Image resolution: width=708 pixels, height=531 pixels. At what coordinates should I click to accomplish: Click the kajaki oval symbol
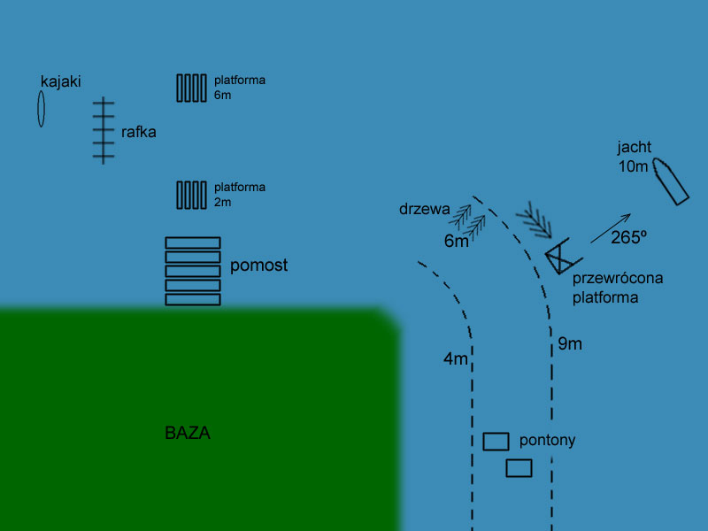tap(41, 109)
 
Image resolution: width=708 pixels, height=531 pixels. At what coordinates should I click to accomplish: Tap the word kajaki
tap(61, 81)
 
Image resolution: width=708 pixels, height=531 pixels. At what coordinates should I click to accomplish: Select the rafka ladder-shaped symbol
tap(104, 130)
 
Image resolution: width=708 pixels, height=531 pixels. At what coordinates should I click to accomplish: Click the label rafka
tap(139, 133)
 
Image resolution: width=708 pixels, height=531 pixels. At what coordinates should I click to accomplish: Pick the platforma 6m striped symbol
tap(191, 88)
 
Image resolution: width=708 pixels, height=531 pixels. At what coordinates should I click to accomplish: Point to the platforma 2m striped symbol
tap(191, 195)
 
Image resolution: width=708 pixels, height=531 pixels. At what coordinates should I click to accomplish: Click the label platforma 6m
tap(239, 87)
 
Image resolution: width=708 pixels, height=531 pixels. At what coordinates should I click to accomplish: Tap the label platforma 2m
tap(239, 195)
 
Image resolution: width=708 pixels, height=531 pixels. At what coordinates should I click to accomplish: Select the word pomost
tap(258, 265)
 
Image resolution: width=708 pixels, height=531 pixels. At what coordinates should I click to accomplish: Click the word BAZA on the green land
tap(188, 434)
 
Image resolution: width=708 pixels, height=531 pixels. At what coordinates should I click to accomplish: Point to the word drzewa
tap(425, 210)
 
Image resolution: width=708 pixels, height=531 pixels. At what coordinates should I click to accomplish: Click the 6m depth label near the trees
tap(456, 241)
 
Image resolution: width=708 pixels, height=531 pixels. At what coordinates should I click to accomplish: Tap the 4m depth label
tap(455, 359)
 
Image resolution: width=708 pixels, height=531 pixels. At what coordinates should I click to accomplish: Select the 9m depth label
tap(570, 344)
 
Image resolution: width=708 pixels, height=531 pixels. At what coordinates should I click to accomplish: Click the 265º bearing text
tap(628, 238)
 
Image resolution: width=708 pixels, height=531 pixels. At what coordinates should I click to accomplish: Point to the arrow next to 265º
tap(611, 228)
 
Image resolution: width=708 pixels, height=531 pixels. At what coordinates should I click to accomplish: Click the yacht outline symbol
tap(670, 181)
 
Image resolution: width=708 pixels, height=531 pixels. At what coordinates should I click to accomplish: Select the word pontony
tap(547, 440)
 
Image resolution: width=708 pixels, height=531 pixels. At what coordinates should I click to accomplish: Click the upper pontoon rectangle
tap(496, 441)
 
